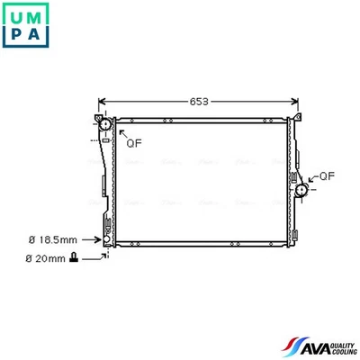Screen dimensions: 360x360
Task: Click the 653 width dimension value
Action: click(x=199, y=102)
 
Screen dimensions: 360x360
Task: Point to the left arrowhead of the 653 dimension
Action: click(x=101, y=102)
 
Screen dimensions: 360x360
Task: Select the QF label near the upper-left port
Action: click(x=133, y=142)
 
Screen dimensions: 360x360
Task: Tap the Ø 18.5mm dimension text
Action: click(x=52, y=240)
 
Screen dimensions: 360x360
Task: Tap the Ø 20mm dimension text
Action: click(x=45, y=259)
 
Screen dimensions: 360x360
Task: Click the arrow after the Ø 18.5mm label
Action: click(x=92, y=240)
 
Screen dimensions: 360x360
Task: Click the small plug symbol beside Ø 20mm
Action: click(x=73, y=259)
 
